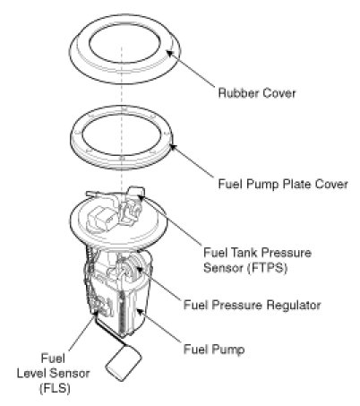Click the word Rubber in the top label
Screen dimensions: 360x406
click(236, 93)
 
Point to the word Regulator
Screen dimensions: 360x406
click(294, 305)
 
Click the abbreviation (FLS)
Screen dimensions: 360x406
click(55, 388)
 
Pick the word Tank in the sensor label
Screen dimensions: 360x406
click(243, 253)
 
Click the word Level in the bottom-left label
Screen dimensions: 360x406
click(31, 373)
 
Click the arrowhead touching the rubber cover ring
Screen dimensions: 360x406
click(169, 54)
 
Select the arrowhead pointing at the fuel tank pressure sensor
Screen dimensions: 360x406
click(141, 196)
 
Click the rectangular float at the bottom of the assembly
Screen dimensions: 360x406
click(124, 363)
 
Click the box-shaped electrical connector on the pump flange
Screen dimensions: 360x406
click(101, 219)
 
